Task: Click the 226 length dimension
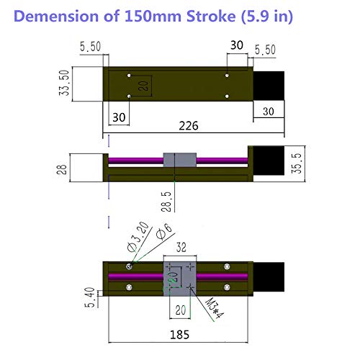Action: pyautogui.click(x=189, y=125)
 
